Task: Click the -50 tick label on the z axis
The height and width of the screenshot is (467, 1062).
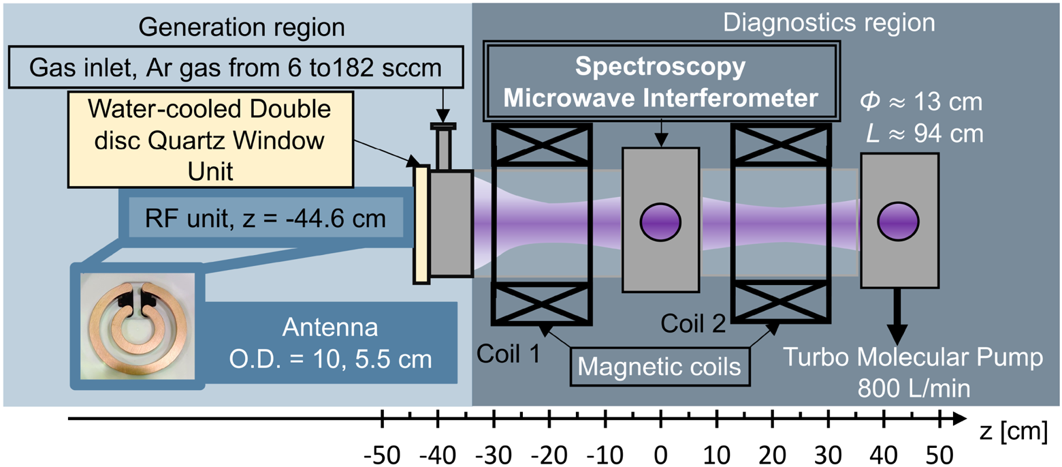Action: (x=382, y=455)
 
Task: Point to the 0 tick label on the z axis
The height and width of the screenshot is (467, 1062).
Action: (x=660, y=455)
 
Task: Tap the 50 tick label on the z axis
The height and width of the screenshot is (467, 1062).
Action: (x=939, y=455)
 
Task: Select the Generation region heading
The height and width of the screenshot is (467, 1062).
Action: (x=242, y=27)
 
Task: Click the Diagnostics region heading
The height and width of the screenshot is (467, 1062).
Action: (x=828, y=22)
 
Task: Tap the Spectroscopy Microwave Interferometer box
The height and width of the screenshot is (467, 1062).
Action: (x=662, y=81)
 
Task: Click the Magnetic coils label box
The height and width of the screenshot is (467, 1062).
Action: (x=660, y=367)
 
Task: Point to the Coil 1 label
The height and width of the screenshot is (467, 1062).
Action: (x=509, y=354)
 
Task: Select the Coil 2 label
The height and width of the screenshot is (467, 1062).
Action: (x=693, y=324)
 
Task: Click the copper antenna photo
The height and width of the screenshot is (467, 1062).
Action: (x=138, y=327)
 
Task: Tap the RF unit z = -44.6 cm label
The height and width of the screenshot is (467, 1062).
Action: (x=265, y=218)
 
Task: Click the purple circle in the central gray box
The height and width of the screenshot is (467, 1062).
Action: (x=660, y=222)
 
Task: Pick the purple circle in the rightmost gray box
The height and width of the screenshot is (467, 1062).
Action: (x=898, y=221)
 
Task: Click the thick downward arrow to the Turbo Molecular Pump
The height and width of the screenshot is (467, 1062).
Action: (x=897, y=316)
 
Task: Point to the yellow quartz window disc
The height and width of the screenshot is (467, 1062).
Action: (x=421, y=224)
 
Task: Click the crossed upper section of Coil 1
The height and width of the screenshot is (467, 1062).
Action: (x=541, y=145)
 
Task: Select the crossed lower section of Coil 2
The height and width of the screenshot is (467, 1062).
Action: (x=781, y=302)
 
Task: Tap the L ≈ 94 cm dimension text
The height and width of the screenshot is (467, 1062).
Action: (x=925, y=134)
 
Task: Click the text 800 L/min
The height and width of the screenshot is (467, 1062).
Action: (x=914, y=388)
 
